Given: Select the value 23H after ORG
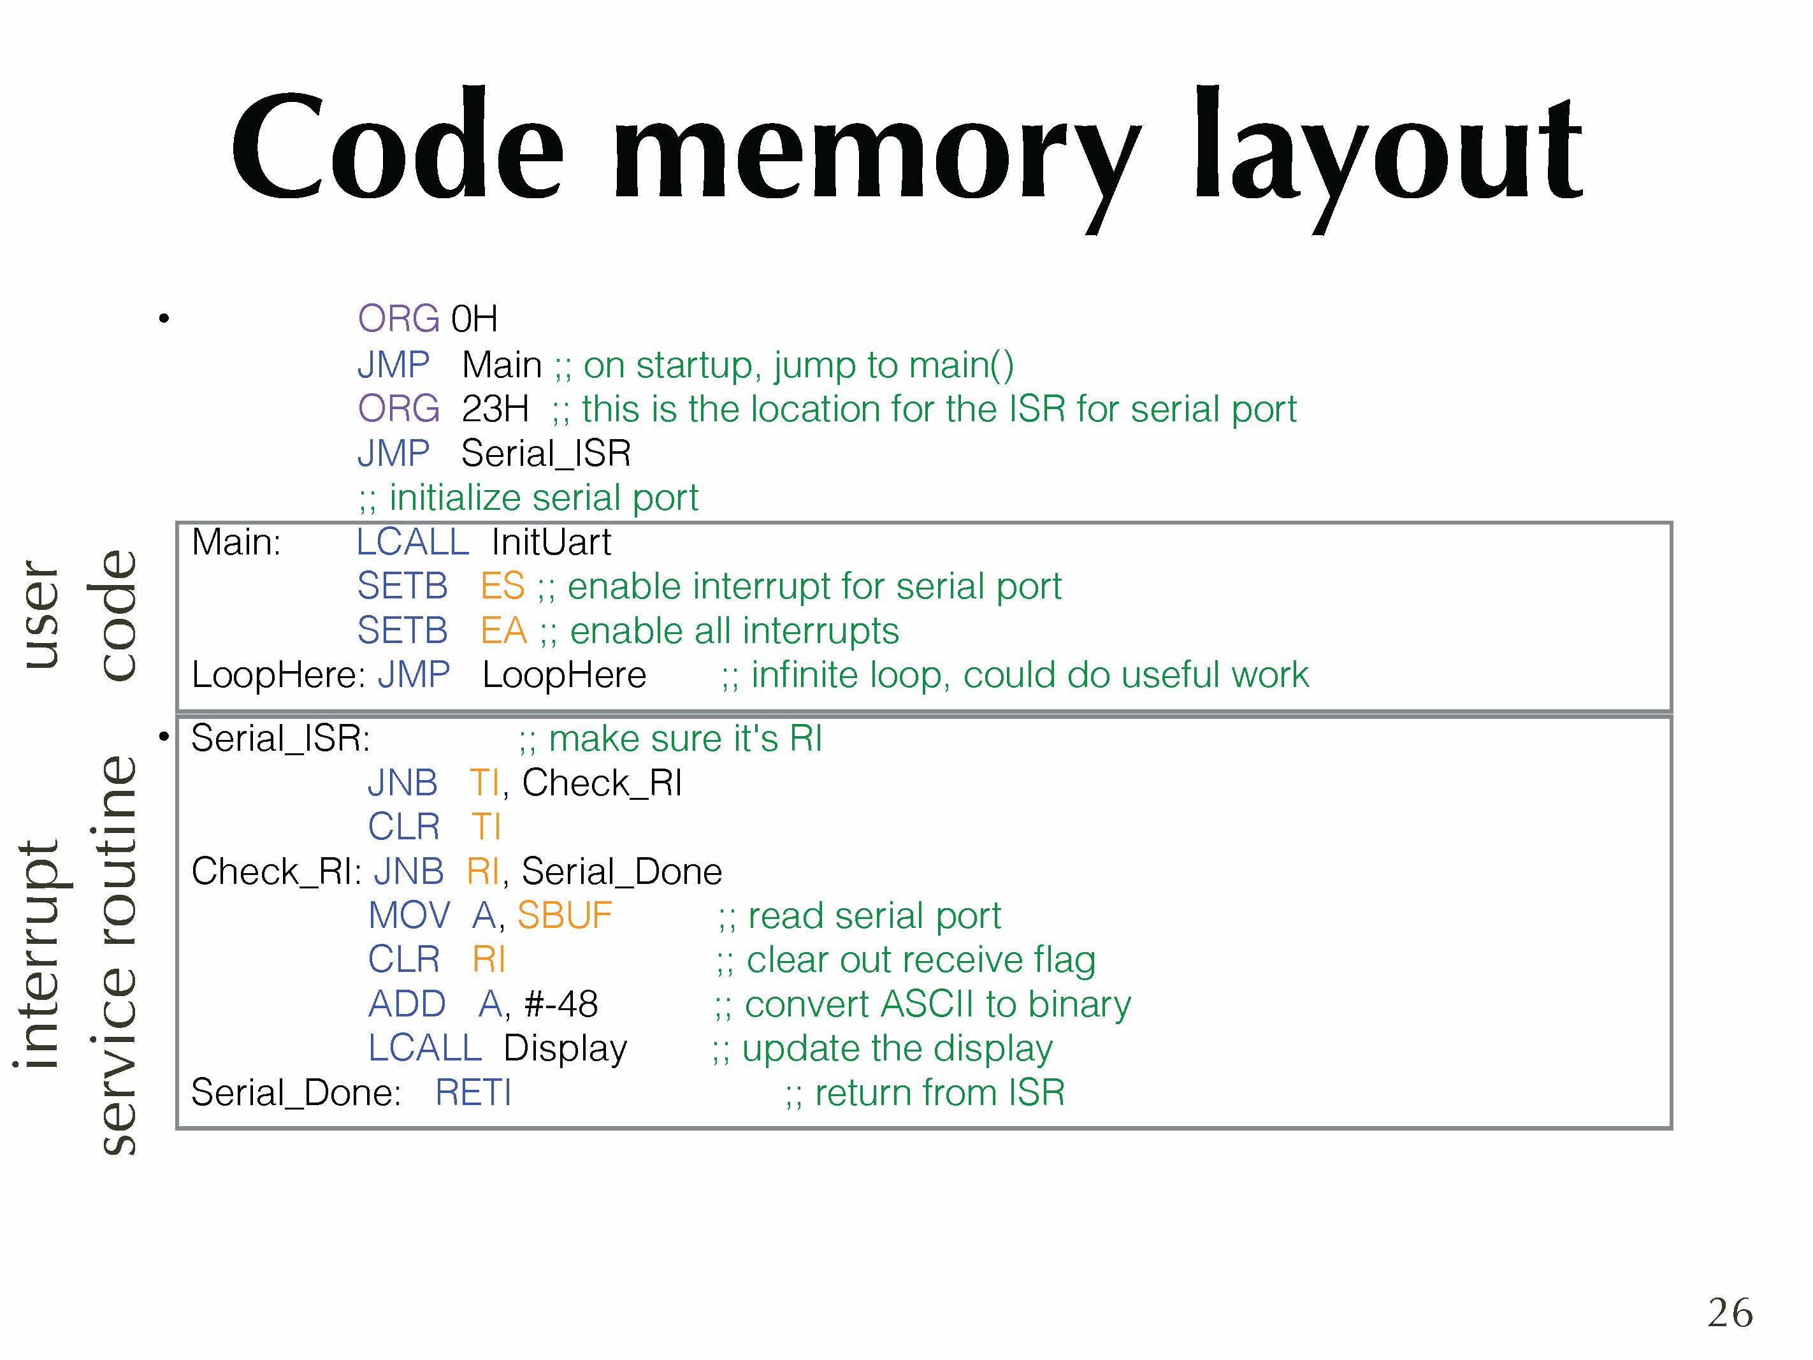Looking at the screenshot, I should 495,409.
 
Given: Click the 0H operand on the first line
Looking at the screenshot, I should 473,318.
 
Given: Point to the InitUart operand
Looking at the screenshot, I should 551,542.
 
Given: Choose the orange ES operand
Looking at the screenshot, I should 502,586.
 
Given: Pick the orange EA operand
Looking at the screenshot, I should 502,630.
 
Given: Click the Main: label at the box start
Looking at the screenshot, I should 236,542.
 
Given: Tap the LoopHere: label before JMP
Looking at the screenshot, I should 278,675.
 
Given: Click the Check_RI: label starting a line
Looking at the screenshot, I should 276,871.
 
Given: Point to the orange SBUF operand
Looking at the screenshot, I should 565,915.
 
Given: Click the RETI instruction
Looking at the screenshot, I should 473,1092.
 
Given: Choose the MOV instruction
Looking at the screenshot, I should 409,915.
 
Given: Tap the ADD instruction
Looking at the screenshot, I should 407,1003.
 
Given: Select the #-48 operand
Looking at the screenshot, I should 561,1003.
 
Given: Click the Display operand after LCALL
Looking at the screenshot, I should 565,1048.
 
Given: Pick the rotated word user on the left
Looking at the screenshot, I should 41,614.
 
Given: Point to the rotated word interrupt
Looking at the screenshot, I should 41,953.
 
